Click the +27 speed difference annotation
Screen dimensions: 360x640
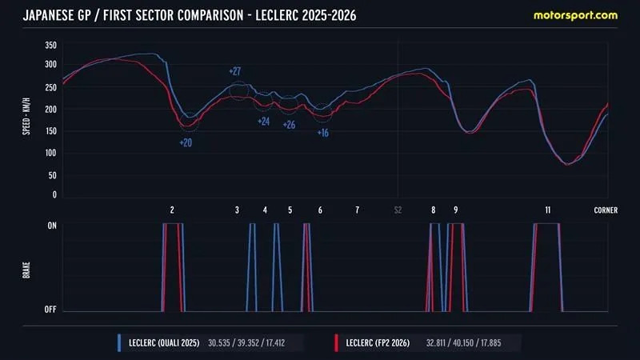point(235,71)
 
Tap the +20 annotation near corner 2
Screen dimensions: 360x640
point(185,142)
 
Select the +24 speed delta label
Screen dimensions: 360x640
point(263,122)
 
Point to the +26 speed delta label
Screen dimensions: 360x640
point(289,125)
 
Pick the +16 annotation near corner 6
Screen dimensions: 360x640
point(322,133)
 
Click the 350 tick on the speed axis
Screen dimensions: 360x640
point(50,47)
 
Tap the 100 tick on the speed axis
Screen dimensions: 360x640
point(50,153)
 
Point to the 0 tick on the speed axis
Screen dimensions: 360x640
point(54,194)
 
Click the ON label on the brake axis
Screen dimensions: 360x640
point(52,226)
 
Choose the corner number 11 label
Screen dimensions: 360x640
point(547,210)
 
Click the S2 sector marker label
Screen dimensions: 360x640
point(398,210)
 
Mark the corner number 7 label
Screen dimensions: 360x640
point(357,210)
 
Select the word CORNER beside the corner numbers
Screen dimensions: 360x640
point(606,210)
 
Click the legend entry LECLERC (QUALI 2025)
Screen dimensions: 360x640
point(162,343)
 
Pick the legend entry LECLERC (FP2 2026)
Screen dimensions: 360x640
point(378,343)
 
